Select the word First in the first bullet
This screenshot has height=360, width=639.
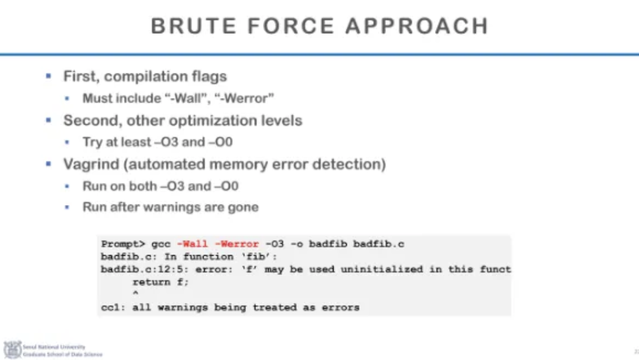[81, 76]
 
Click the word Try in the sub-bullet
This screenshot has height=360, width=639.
[92, 143]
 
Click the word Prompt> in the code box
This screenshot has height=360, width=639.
[122, 244]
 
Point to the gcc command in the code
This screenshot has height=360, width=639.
[160, 244]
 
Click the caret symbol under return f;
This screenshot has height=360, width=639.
[135, 294]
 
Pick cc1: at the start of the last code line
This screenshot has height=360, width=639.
[114, 307]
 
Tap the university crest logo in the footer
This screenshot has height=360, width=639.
[12, 350]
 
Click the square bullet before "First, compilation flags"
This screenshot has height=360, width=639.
[50, 76]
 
